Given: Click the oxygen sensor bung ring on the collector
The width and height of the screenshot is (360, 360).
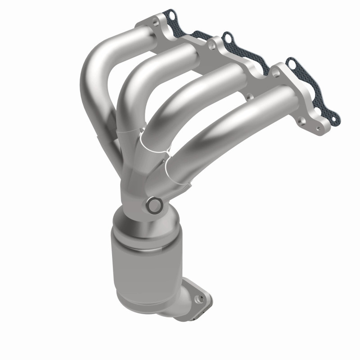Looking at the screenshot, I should click(154, 205).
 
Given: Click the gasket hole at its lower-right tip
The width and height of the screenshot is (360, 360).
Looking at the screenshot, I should click(333, 119).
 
